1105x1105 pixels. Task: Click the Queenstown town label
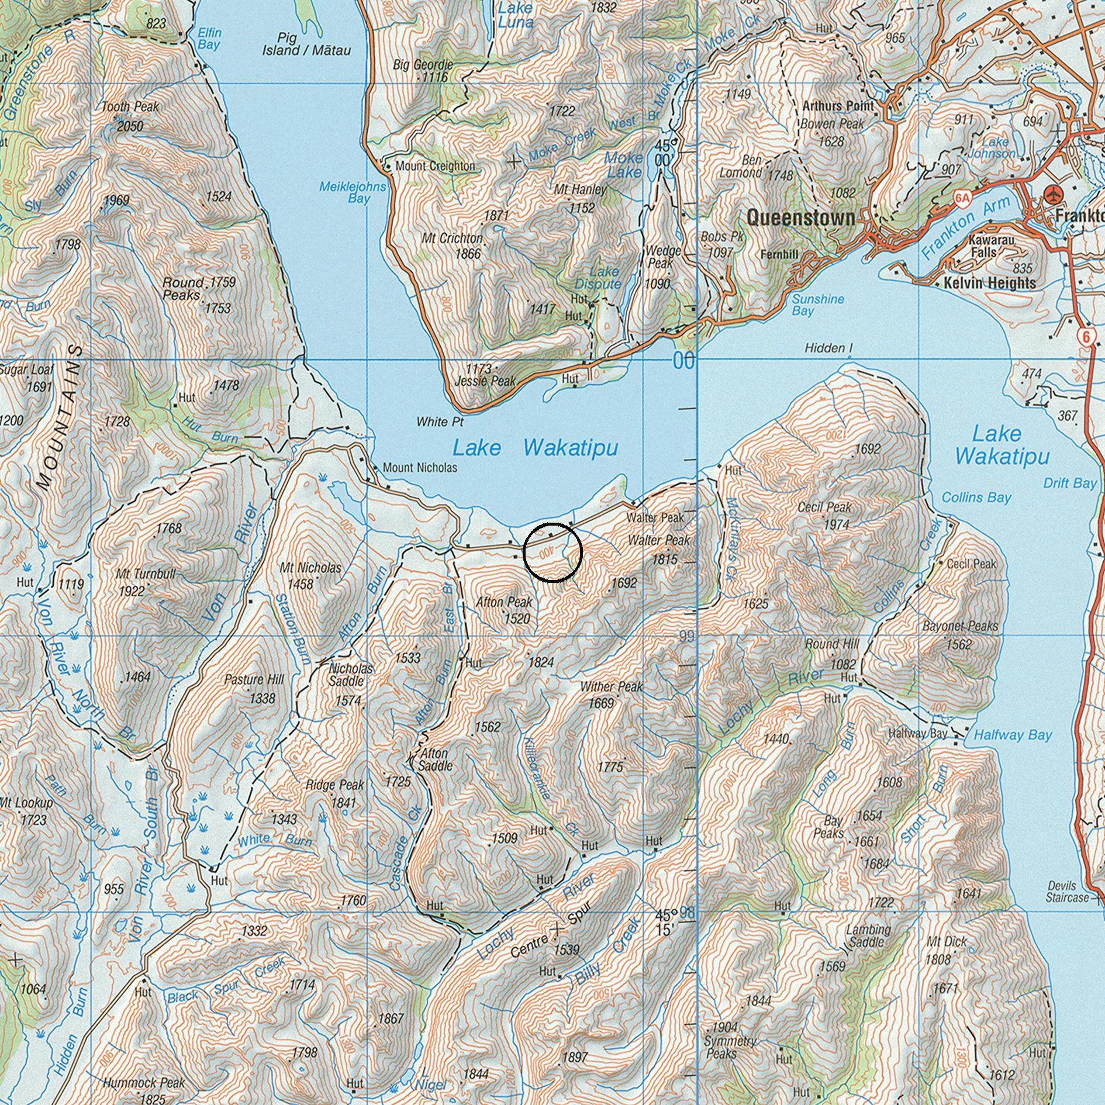[x=800, y=218]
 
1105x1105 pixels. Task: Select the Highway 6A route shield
[x=962, y=198]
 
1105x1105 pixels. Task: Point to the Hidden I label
[x=828, y=348]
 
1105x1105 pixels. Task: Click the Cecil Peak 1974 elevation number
[x=836, y=524]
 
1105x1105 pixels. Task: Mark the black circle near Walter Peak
[x=552, y=552]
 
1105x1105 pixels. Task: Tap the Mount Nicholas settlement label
[x=420, y=468]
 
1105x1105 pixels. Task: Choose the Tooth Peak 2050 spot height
[x=130, y=126]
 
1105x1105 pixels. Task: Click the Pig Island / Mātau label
[x=306, y=44]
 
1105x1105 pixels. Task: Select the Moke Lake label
[x=624, y=164]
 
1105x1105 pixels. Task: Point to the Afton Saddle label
[x=434, y=759]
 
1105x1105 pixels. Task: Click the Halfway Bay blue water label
[x=1012, y=735]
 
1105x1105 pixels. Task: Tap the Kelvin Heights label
[x=989, y=283]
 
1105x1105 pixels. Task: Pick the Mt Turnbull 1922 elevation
[x=132, y=591]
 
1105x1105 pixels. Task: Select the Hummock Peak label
[x=144, y=1083]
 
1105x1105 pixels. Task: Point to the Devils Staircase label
[x=1066, y=891]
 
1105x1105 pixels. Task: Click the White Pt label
[x=440, y=422]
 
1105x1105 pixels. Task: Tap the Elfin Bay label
[x=209, y=39]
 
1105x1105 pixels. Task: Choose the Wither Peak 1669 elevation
[x=600, y=703]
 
